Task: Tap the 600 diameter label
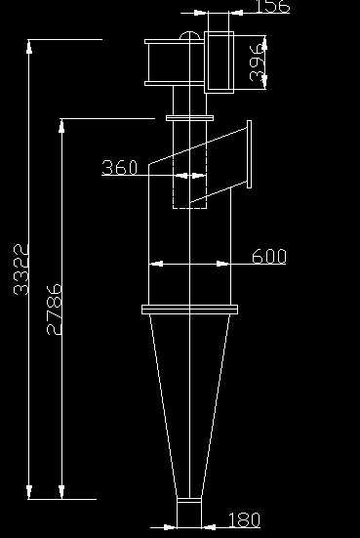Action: click(268, 257)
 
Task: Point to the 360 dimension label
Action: click(119, 168)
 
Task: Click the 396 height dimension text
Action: click(256, 63)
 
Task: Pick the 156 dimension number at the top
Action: click(270, 8)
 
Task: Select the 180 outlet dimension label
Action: click(244, 520)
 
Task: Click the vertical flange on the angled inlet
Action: click(250, 153)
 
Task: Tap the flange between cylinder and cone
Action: click(189, 310)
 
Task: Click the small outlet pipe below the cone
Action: click(189, 512)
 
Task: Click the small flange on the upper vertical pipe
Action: click(189, 119)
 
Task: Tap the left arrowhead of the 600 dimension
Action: click(153, 264)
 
